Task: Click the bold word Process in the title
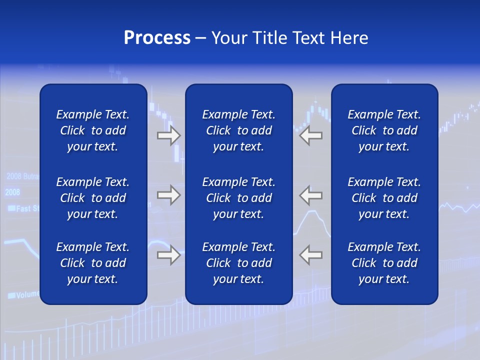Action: (x=157, y=38)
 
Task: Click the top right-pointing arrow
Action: (x=168, y=135)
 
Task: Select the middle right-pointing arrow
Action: (x=168, y=195)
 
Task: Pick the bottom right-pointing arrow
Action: (x=168, y=255)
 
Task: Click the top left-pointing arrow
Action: (x=311, y=135)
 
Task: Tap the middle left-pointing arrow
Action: (x=311, y=195)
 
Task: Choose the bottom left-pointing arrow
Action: (x=311, y=255)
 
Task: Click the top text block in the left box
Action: (x=93, y=130)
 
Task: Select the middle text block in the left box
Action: (x=93, y=198)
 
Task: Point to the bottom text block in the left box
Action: (x=93, y=263)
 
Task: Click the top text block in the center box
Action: (x=238, y=130)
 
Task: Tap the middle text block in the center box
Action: (x=238, y=198)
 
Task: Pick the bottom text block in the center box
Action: (x=238, y=263)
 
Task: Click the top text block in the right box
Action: (x=384, y=130)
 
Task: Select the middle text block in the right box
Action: (x=384, y=198)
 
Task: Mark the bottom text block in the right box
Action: (x=384, y=263)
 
